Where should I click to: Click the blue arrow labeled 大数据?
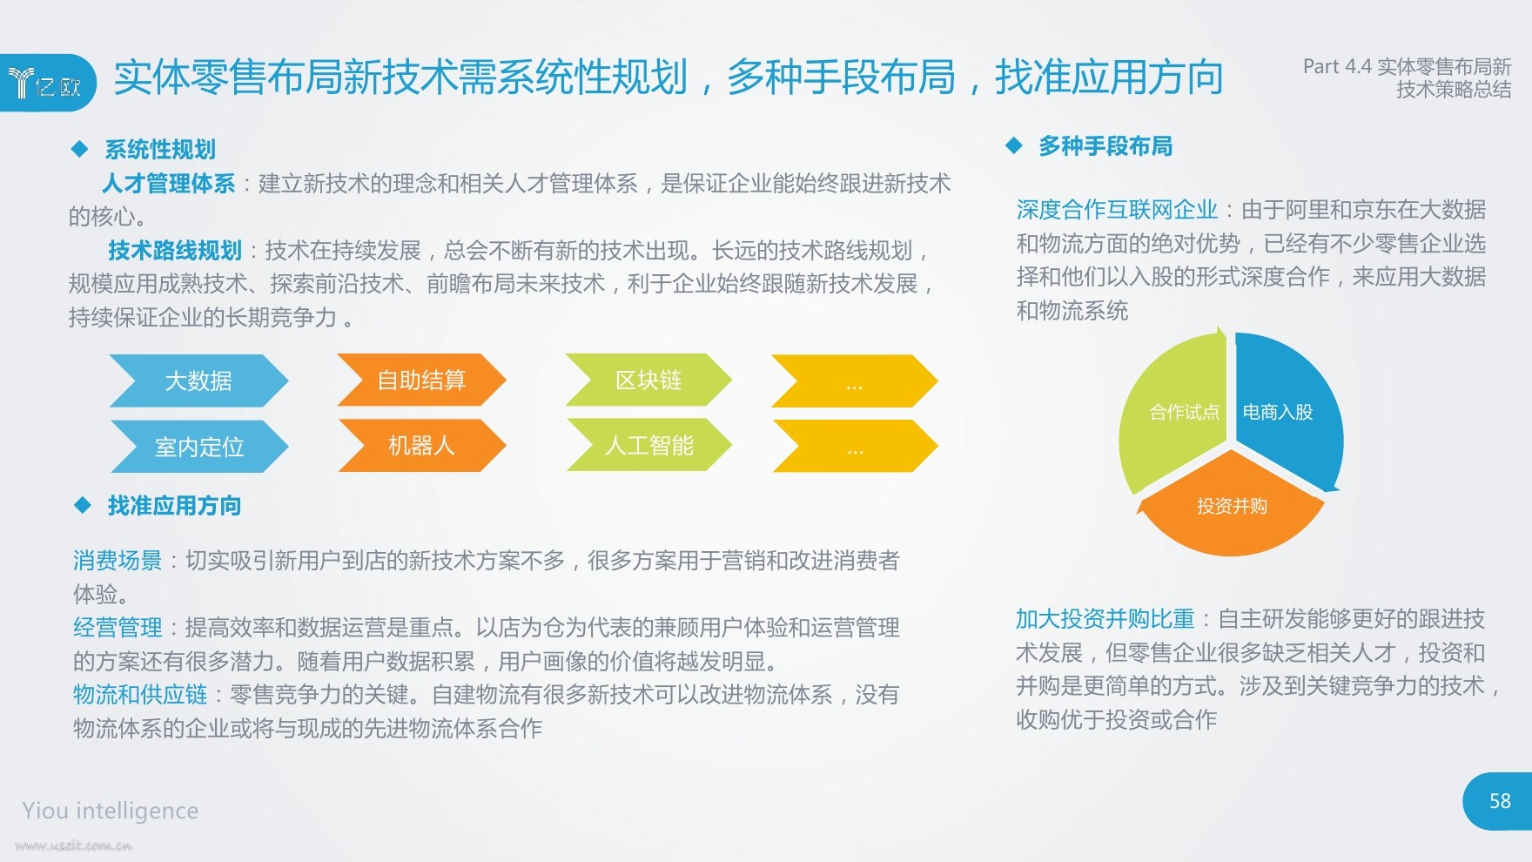point(199,380)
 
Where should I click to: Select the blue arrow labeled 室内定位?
point(199,447)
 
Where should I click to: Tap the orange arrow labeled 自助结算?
point(422,380)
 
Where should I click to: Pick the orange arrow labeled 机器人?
point(422,446)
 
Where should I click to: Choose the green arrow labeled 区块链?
point(648,380)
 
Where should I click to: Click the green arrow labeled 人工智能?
point(649,445)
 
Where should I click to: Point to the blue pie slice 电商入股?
point(1284,409)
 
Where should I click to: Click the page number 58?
point(1500,801)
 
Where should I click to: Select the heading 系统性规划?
point(160,150)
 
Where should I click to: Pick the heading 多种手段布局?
point(1105,146)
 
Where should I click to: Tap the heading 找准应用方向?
point(174,506)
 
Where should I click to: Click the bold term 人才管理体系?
point(168,184)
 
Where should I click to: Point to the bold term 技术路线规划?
point(175,251)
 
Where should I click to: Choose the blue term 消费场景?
point(118,561)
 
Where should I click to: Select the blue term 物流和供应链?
point(140,695)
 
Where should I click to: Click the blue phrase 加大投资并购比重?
point(1105,619)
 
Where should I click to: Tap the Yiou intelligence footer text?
point(111,811)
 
